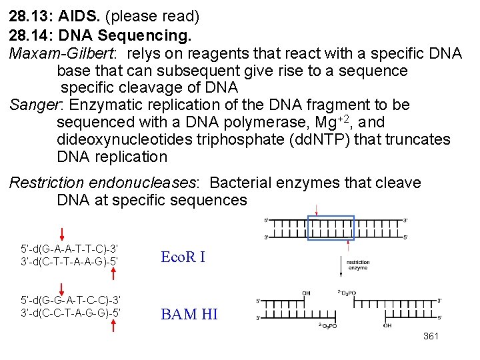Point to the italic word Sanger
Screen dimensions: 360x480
tap(36, 105)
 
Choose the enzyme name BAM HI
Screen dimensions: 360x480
tap(189, 314)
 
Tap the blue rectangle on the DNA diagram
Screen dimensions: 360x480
tap(331, 227)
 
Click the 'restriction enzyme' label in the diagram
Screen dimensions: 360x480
tap(358, 265)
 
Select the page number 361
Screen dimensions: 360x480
tap(431, 337)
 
